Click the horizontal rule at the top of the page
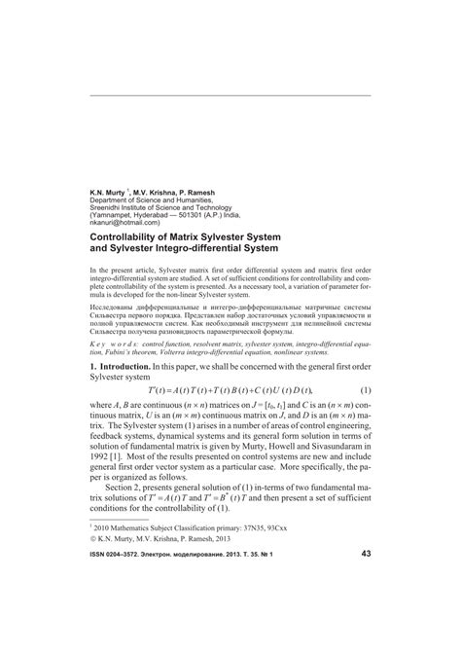click(230, 95)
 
